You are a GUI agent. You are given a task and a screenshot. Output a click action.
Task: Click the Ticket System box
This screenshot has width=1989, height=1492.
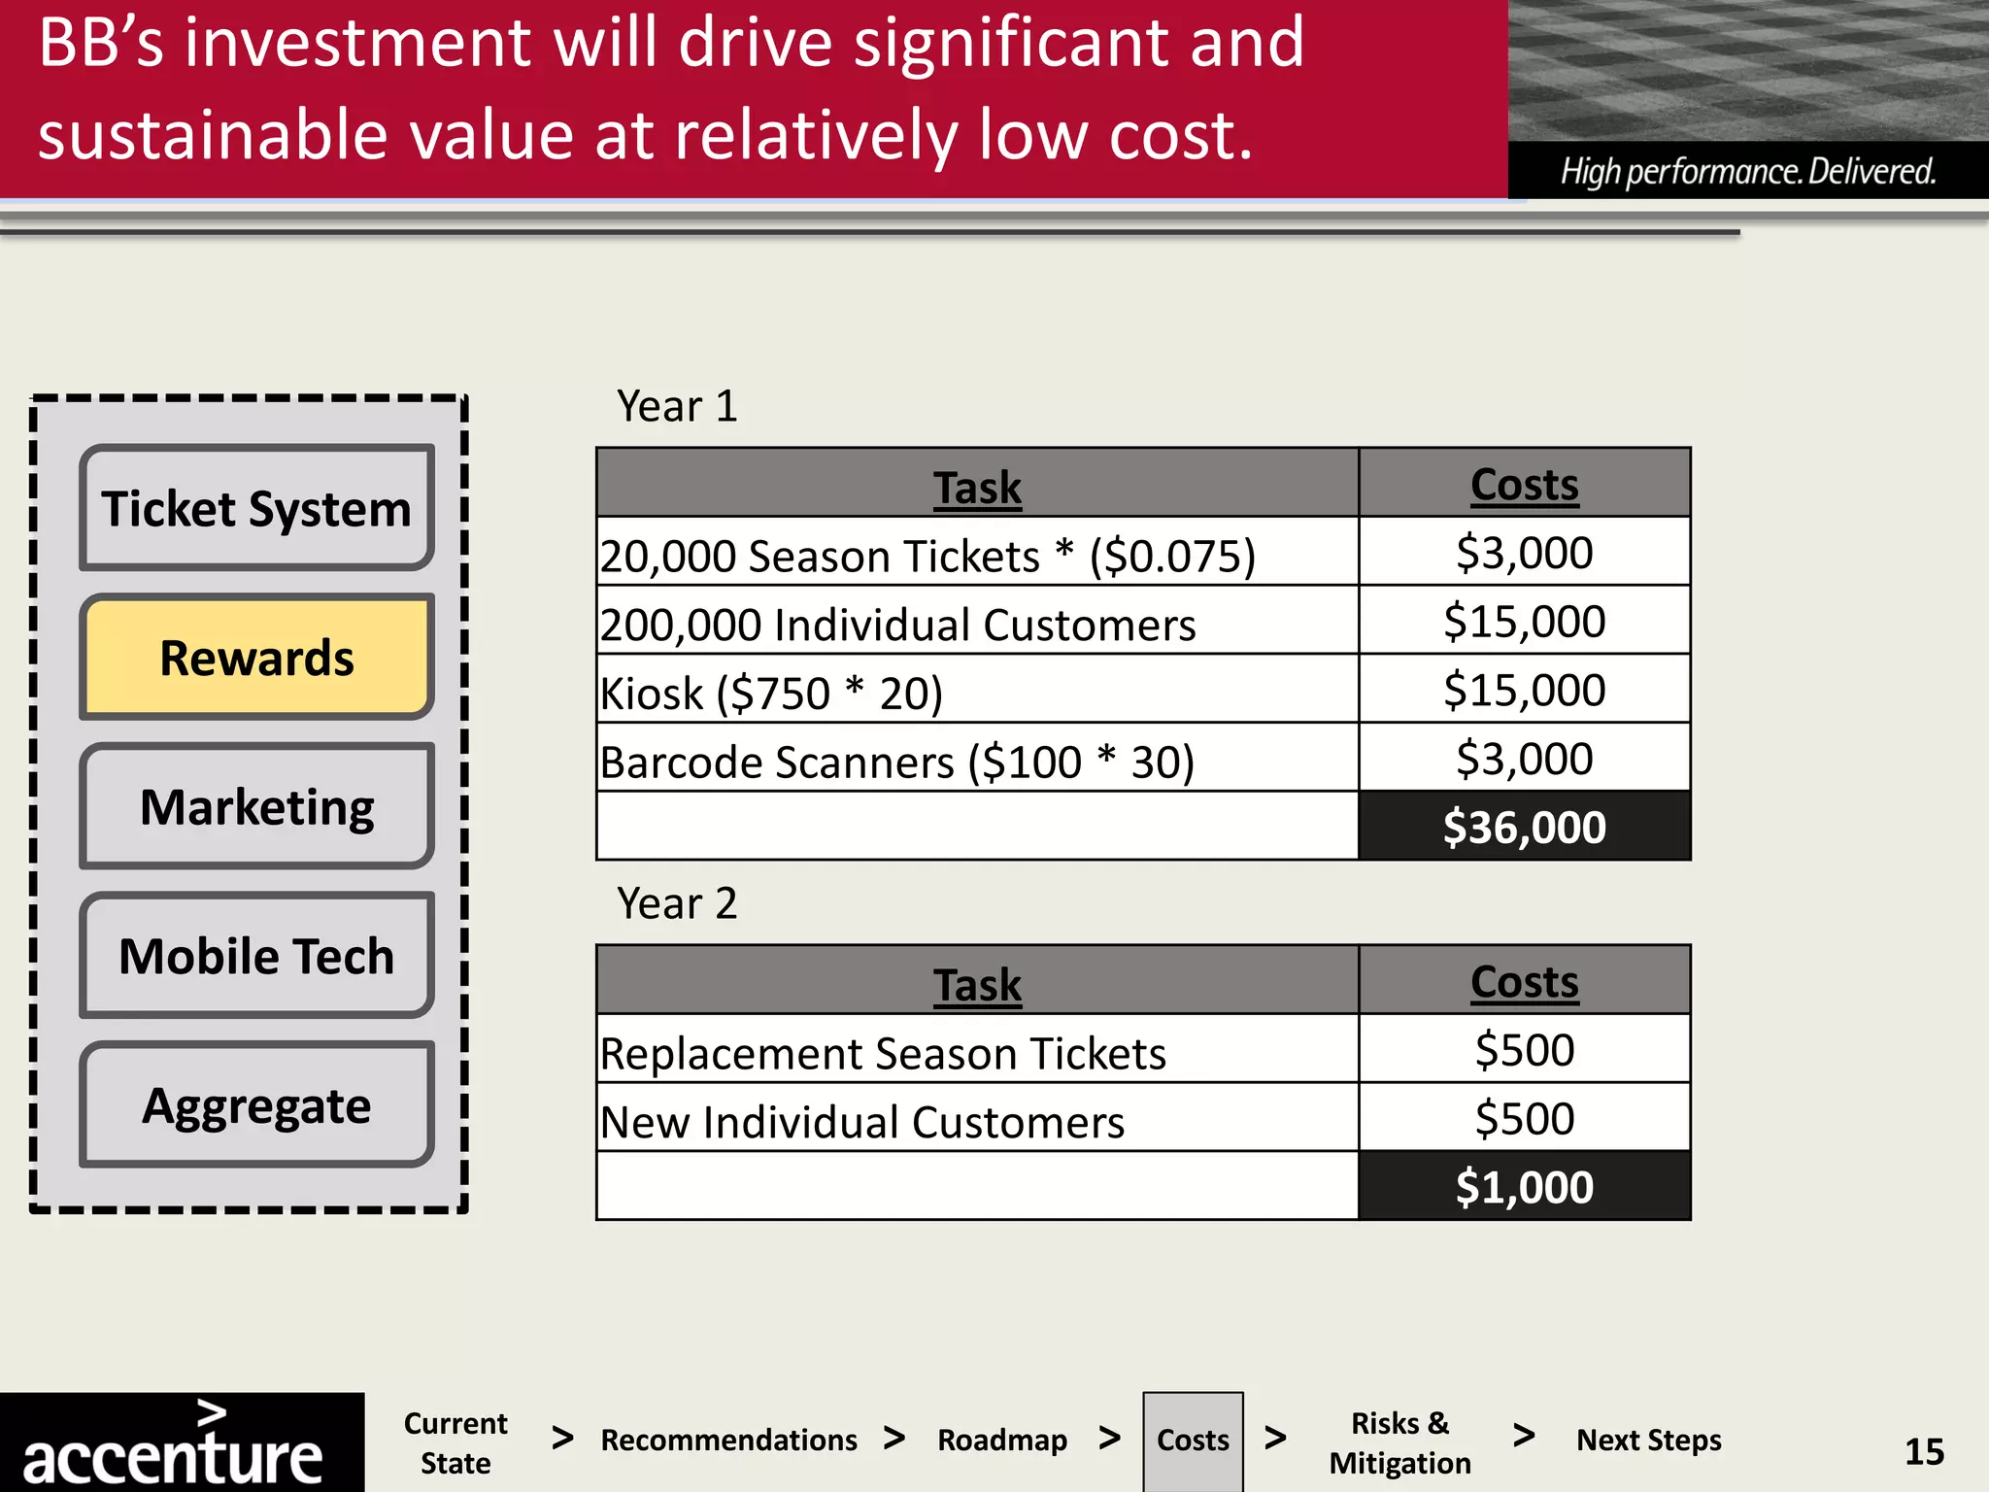[x=256, y=508]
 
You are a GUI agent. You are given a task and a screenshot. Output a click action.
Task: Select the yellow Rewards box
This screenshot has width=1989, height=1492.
[x=256, y=658]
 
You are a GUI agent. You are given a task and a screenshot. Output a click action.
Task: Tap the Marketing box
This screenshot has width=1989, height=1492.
[x=256, y=806]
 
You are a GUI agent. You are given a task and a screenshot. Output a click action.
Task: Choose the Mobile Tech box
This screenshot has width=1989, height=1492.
[x=256, y=956]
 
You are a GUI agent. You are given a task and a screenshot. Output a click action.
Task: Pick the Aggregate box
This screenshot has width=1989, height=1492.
[x=256, y=1105]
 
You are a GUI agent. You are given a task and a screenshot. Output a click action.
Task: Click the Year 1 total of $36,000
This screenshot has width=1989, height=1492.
[x=1524, y=827]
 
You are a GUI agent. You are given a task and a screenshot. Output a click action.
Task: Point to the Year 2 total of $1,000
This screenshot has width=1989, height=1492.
[x=1524, y=1187]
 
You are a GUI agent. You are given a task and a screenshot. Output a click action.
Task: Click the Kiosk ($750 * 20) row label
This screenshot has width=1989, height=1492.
[x=772, y=694]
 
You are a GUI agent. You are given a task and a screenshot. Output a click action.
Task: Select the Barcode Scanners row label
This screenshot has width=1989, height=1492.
[x=897, y=763]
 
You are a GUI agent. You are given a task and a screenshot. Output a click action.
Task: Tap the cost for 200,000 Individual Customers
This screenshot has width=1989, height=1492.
[x=1524, y=622]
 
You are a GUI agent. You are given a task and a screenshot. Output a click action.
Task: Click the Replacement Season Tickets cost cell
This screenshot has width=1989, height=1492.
[x=1524, y=1050]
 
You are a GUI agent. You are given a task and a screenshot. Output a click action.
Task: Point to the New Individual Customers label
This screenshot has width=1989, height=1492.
[x=862, y=1122]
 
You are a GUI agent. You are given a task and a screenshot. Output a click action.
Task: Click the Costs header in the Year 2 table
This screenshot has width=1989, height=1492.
[x=1524, y=981]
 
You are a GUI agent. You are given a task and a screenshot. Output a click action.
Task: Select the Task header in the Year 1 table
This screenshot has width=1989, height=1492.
[x=977, y=487]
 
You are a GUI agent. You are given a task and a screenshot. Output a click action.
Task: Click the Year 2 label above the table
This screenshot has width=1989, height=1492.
[x=677, y=903]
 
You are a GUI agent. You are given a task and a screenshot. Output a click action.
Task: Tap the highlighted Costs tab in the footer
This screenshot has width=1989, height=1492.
[x=1193, y=1440]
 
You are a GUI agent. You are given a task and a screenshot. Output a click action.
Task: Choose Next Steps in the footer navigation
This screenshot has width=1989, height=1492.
[x=1648, y=1440]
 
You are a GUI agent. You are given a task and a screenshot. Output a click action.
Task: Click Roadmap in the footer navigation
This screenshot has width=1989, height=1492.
[x=1002, y=1440]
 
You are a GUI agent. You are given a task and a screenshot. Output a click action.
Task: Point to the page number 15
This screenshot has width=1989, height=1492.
[x=1924, y=1451]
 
